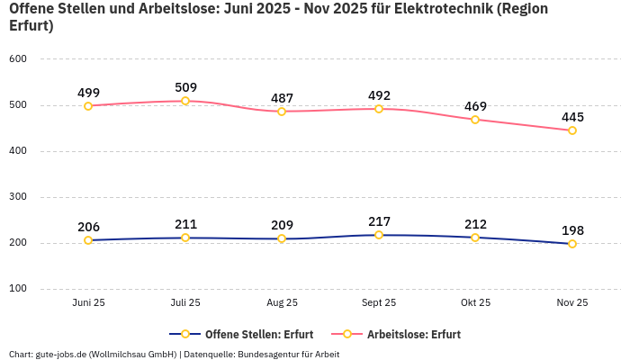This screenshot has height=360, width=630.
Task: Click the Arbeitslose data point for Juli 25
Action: [x=185, y=101]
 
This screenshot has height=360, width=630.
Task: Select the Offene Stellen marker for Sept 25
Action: [x=379, y=235]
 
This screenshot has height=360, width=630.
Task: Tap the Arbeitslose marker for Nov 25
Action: [x=572, y=130]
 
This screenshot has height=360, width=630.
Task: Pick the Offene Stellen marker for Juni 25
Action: [x=88, y=240]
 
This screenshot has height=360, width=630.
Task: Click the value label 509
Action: [x=185, y=87]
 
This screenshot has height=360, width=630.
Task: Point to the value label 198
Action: [x=572, y=230]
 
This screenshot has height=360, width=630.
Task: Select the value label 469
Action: [x=475, y=106]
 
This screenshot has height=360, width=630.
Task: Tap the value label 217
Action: [x=379, y=221]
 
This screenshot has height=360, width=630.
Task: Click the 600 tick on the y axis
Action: [x=18, y=59]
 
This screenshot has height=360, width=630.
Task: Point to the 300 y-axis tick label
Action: [x=18, y=197]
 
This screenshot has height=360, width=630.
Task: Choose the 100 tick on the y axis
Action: [x=18, y=289]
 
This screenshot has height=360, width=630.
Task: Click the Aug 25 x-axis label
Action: [x=282, y=303]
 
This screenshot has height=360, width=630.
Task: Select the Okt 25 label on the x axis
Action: [x=475, y=303]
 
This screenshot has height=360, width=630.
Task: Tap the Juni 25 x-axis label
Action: [x=88, y=303]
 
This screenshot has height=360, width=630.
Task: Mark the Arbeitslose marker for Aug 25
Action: [x=282, y=112]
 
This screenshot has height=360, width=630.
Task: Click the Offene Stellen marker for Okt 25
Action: [x=475, y=238]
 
